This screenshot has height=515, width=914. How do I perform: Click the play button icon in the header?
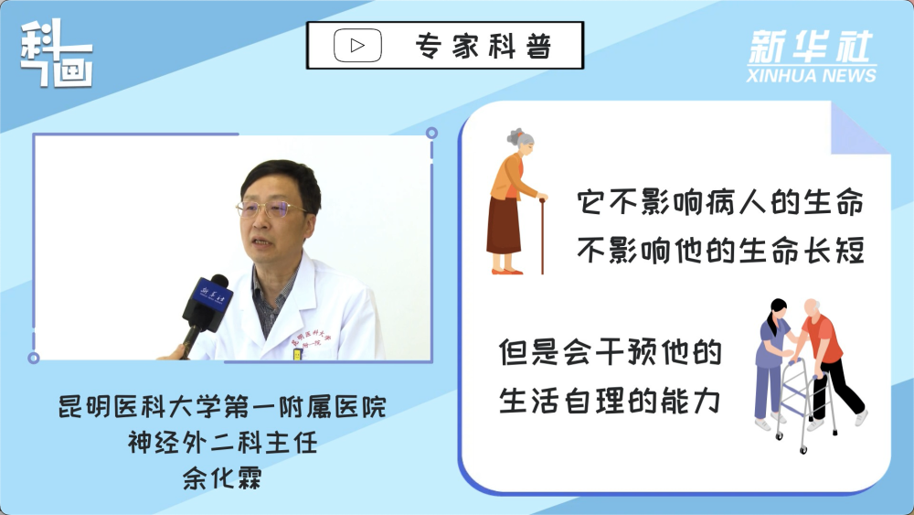pyautogui.click(x=357, y=45)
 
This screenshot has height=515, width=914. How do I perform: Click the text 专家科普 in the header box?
pyautogui.click(x=484, y=46)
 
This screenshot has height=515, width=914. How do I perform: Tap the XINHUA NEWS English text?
pyautogui.click(x=812, y=75)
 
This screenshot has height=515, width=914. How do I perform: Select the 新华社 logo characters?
pyautogui.click(x=811, y=46)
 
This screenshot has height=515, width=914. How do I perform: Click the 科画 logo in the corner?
pyautogui.click(x=57, y=53)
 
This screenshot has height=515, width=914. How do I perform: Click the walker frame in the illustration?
pyautogui.click(x=804, y=404)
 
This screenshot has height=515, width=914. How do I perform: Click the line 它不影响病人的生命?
pyautogui.click(x=720, y=203)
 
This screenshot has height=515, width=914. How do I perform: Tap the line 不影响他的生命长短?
pyautogui.click(x=720, y=251)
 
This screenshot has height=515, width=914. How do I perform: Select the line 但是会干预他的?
pyautogui.click(x=611, y=352)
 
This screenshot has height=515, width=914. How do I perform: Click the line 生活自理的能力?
pyautogui.click(x=611, y=401)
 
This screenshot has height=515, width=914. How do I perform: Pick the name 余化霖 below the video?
pyautogui.click(x=222, y=477)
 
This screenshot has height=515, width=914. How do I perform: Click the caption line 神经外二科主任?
pyautogui.click(x=222, y=442)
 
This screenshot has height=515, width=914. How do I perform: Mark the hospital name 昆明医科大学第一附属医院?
pyautogui.click(x=222, y=406)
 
